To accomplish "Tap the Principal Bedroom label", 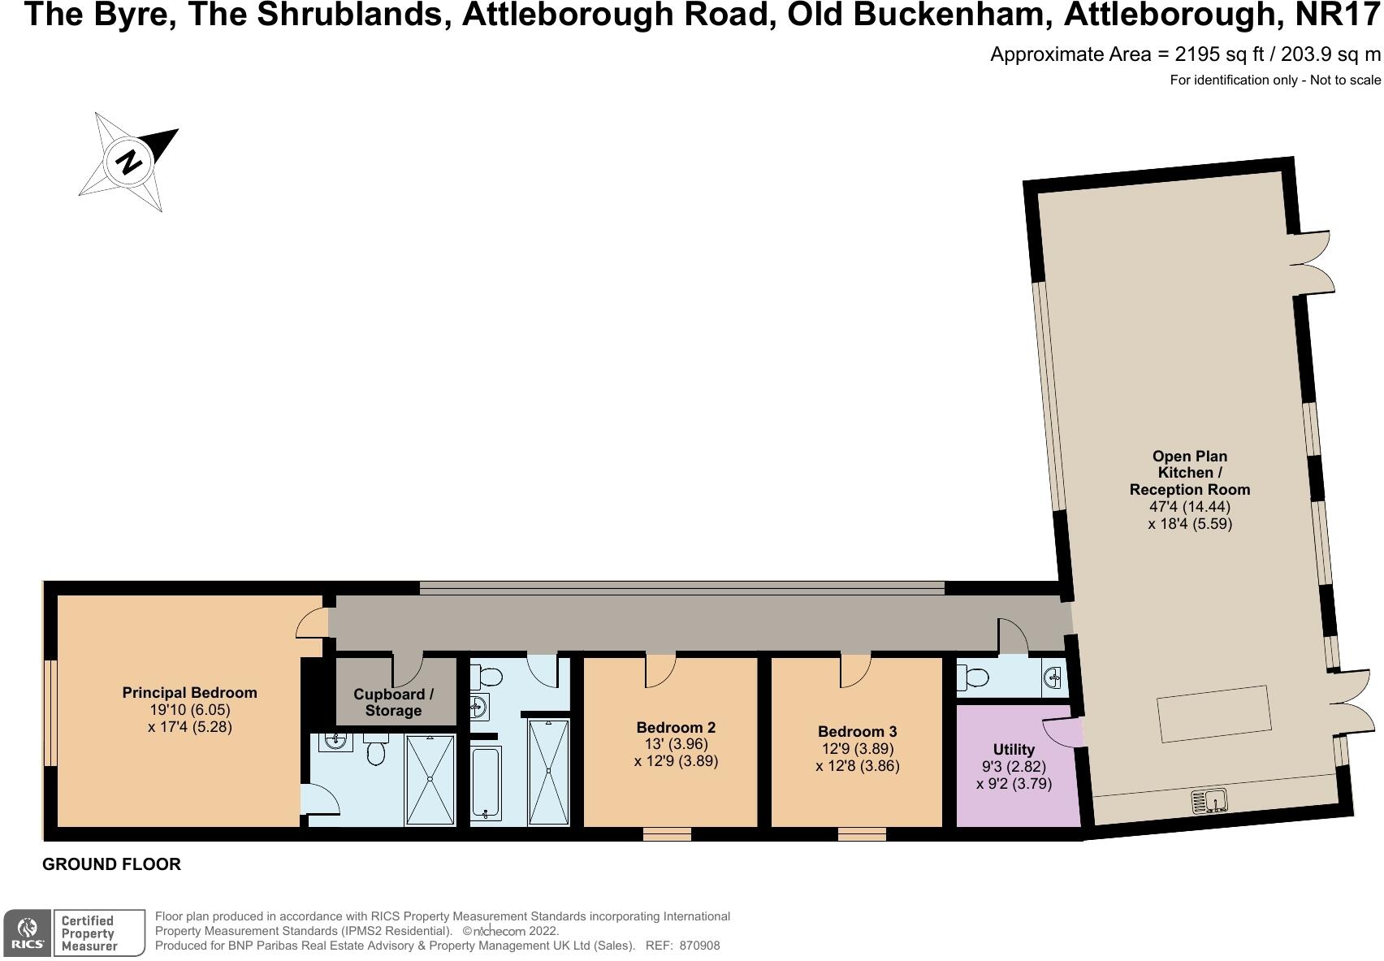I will point(189,693).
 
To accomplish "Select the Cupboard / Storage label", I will point(393,703).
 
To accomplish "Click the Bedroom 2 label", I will point(676,727).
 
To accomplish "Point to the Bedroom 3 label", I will point(857,731).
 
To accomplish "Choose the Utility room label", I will point(1014,749).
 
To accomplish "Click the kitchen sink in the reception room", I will point(1210,801).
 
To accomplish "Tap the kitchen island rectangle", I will point(1213,712).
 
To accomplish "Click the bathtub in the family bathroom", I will point(486,783).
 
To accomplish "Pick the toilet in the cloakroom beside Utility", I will point(973,677).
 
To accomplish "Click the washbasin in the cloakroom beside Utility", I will point(1053,677).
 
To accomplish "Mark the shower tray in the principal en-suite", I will point(430,779).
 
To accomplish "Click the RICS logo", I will point(28,932).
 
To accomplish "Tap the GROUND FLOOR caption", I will point(111,864).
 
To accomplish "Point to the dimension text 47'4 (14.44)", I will point(1190,506).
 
